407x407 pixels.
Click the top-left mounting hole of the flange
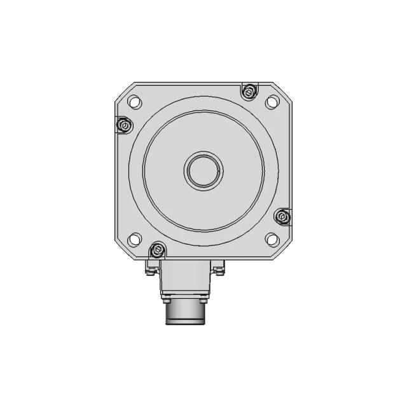point(135,100)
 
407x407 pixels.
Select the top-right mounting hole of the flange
point(272,100)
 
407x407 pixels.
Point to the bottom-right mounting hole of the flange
point(272,239)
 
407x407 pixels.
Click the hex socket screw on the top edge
point(249,92)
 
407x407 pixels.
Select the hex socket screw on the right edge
point(283,217)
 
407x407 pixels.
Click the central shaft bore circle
point(203,170)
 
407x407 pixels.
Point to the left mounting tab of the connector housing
point(151,266)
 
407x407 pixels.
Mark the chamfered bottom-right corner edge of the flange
point(284,250)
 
